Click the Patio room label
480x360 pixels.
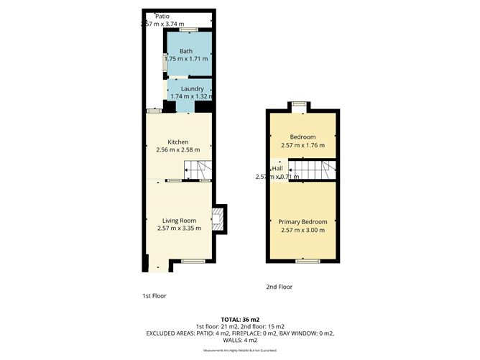click(x=152, y=15)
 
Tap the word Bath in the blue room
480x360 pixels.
click(x=186, y=51)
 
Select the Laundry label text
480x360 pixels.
click(x=188, y=88)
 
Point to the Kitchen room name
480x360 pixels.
click(x=177, y=142)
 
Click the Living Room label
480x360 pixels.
click(x=178, y=221)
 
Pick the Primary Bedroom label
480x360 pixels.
click(x=303, y=221)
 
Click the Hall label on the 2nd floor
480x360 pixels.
click(x=267, y=168)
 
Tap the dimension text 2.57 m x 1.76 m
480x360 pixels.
click(x=303, y=145)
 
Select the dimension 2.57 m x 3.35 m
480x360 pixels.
click(x=178, y=229)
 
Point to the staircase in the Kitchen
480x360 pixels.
click(x=198, y=170)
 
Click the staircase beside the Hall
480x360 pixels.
click(x=310, y=170)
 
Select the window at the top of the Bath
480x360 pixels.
click(x=189, y=29)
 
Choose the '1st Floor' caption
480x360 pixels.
click(x=155, y=295)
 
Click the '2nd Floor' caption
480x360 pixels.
click(x=280, y=287)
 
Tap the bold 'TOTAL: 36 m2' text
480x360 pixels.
click(x=239, y=320)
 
